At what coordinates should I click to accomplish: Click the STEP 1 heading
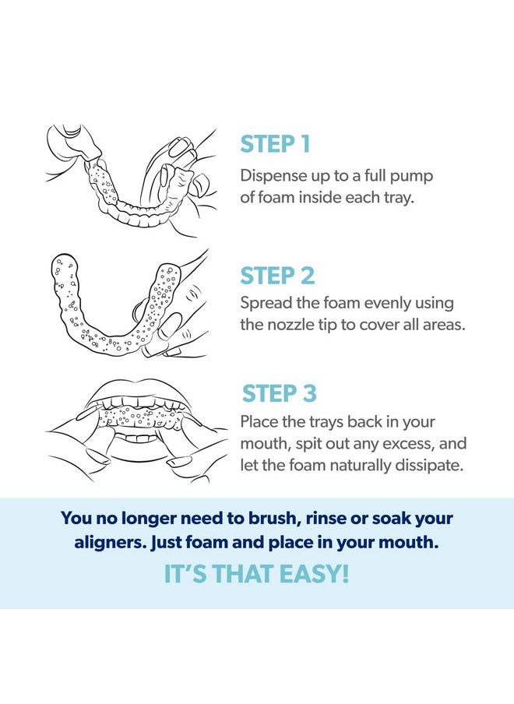tap(275, 144)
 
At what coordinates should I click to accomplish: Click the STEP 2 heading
tap(276, 276)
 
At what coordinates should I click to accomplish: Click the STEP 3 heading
tap(279, 393)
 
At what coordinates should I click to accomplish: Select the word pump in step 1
tap(414, 175)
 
